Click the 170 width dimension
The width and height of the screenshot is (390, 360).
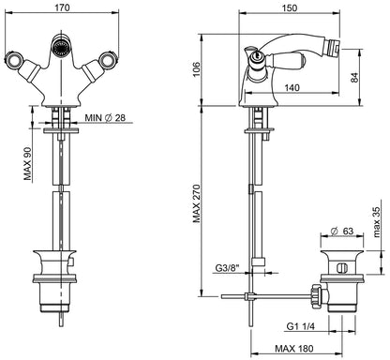coord(62,7)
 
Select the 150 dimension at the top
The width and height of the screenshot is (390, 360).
coord(290,7)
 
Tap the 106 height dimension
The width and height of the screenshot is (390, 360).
coord(195,70)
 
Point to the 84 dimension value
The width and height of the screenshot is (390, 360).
coord(354,78)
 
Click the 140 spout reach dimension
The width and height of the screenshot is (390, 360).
coord(292,87)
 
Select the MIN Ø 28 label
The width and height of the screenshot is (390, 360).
coord(105,118)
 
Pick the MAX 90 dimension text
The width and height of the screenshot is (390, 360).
coord(28,164)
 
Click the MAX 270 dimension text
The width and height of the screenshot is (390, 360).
coord(196,204)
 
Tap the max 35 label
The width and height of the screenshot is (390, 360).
coord(376,223)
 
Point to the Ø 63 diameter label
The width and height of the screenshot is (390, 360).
coord(341,231)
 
